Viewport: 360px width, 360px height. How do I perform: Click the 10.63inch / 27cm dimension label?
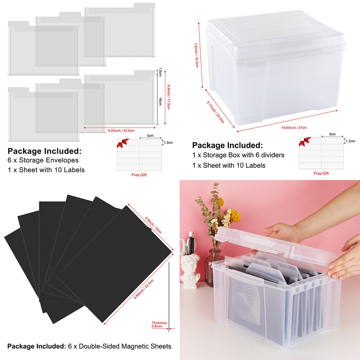294,127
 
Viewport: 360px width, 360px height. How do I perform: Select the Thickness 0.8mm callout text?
159,324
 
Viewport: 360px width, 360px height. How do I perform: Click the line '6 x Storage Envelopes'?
43,160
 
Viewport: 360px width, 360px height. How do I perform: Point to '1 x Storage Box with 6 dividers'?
238,155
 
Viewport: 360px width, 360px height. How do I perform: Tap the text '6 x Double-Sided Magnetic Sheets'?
120,346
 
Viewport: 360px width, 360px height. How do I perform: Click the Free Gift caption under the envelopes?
139,175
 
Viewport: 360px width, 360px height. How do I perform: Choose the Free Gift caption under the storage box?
321,173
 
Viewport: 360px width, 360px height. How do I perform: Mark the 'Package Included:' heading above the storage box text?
227,145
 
